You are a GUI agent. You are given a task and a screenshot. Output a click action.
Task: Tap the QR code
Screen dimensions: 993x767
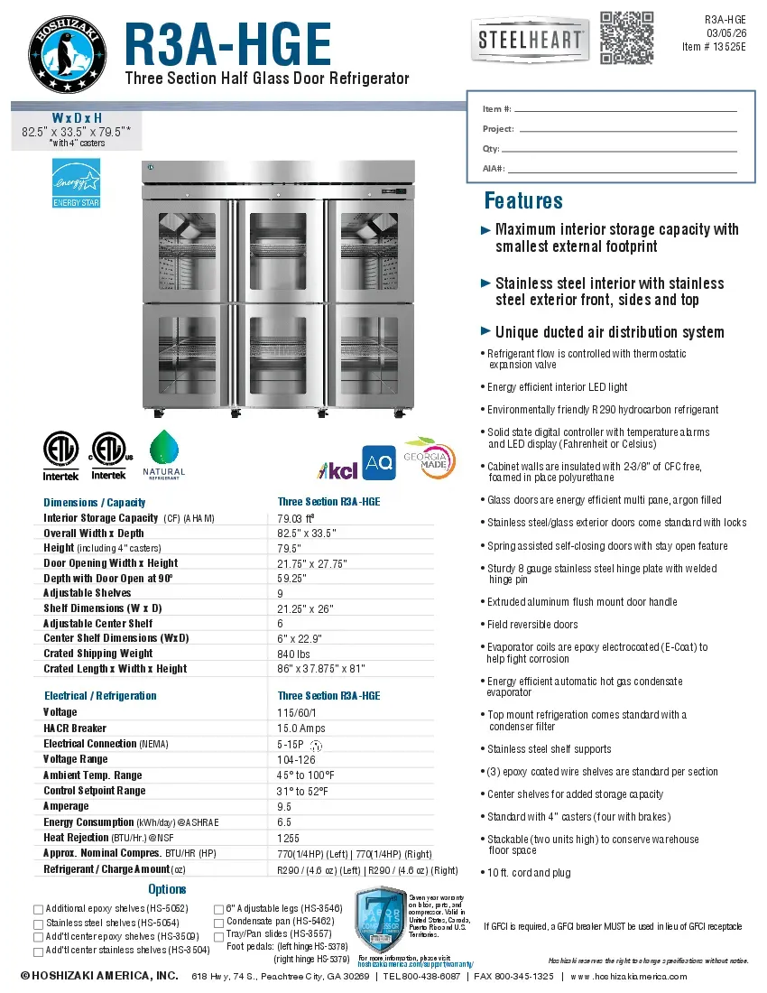click(x=626, y=37)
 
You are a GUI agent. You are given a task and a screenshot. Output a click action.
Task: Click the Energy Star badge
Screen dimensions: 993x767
click(x=76, y=183)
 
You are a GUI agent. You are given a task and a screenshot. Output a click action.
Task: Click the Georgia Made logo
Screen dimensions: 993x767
click(x=429, y=459)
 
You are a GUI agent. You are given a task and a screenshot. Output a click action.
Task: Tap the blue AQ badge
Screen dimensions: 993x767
click(x=379, y=462)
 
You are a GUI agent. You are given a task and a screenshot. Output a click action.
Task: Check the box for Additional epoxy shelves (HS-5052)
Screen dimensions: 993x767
click(x=38, y=909)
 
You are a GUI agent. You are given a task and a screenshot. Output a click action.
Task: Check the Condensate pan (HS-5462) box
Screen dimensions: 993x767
click(x=218, y=923)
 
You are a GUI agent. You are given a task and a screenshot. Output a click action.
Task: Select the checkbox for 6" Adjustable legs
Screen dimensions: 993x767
click(x=218, y=909)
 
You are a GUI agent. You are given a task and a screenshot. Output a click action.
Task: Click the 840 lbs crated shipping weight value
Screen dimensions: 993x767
click(x=294, y=654)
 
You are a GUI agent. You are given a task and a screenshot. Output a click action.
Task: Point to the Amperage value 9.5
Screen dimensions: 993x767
click(x=284, y=807)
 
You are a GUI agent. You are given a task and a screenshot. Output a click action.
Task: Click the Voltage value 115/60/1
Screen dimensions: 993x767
click(x=296, y=712)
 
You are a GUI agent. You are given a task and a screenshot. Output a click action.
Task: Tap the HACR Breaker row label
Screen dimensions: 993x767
click(x=75, y=729)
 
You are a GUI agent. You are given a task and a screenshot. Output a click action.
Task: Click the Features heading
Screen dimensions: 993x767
click(x=523, y=200)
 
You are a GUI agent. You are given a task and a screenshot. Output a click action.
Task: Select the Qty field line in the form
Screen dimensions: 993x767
click(x=627, y=149)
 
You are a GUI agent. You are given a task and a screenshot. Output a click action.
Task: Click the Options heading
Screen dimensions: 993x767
click(x=167, y=889)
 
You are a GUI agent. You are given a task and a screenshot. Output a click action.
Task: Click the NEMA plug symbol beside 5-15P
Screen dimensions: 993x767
click(x=316, y=746)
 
